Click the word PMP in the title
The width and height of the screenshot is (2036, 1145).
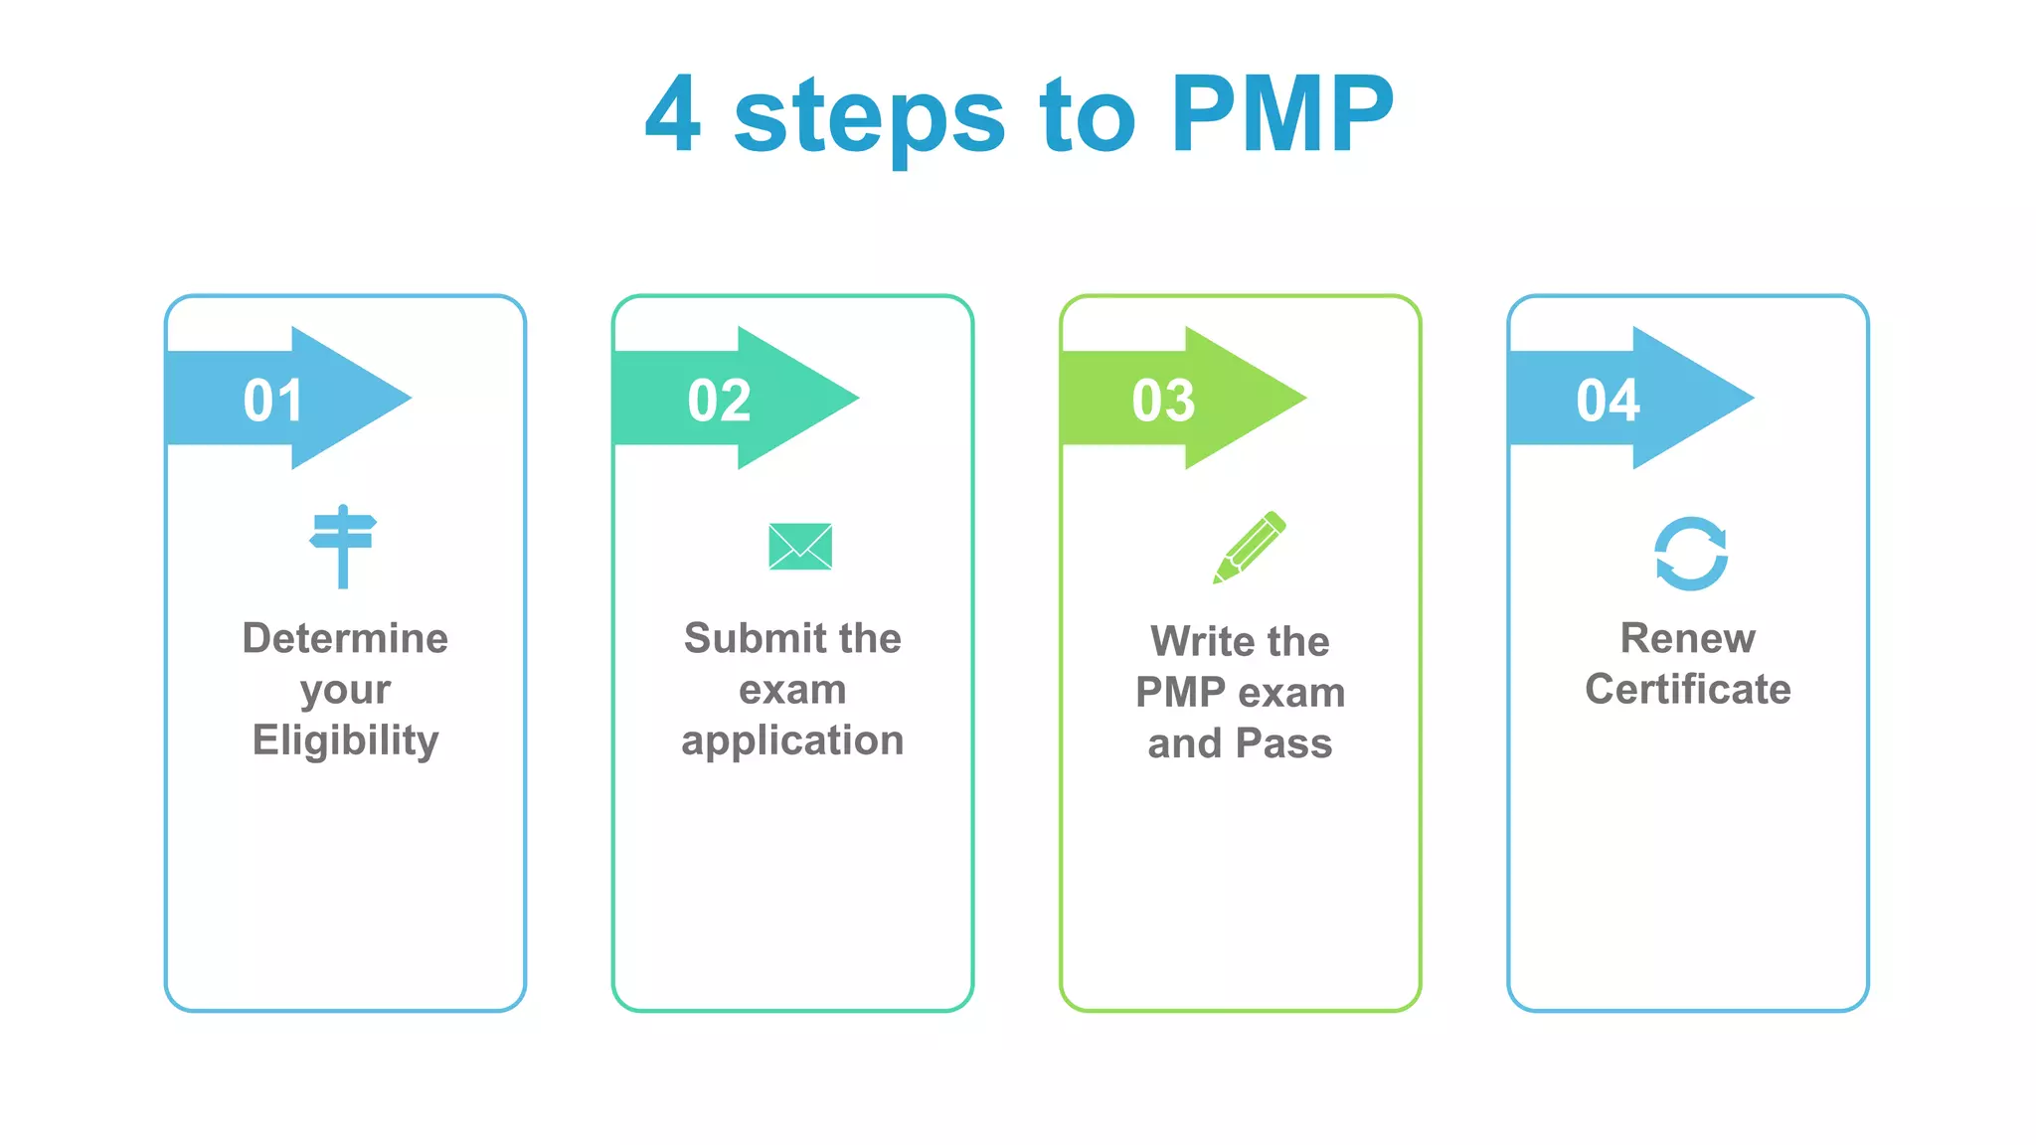coord(1282,114)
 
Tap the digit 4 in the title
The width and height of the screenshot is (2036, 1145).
coord(673,114)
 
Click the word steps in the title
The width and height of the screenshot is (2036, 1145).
coord(869,119)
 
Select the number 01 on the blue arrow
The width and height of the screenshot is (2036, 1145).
coord(273,401)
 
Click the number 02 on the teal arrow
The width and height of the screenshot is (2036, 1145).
coord(720,401)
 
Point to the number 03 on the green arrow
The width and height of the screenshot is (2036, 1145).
coord(1164,401)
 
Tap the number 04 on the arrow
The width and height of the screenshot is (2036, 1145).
coord(1608,401)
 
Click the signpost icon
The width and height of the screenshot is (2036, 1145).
coord(343,546)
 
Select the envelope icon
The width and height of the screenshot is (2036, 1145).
coord(800,547)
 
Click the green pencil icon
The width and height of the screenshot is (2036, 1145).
coord(1250,547)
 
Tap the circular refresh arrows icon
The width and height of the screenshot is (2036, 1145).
coord(1690,554)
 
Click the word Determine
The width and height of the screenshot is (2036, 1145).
coord(345,638)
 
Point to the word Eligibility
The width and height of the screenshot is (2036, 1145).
coord(345,740)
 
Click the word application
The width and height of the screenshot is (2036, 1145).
coord(792,740)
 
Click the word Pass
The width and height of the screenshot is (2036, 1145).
coord(1283,743)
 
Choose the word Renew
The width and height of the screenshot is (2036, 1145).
coord(1687,638)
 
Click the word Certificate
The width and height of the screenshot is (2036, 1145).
coord(1687,689)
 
